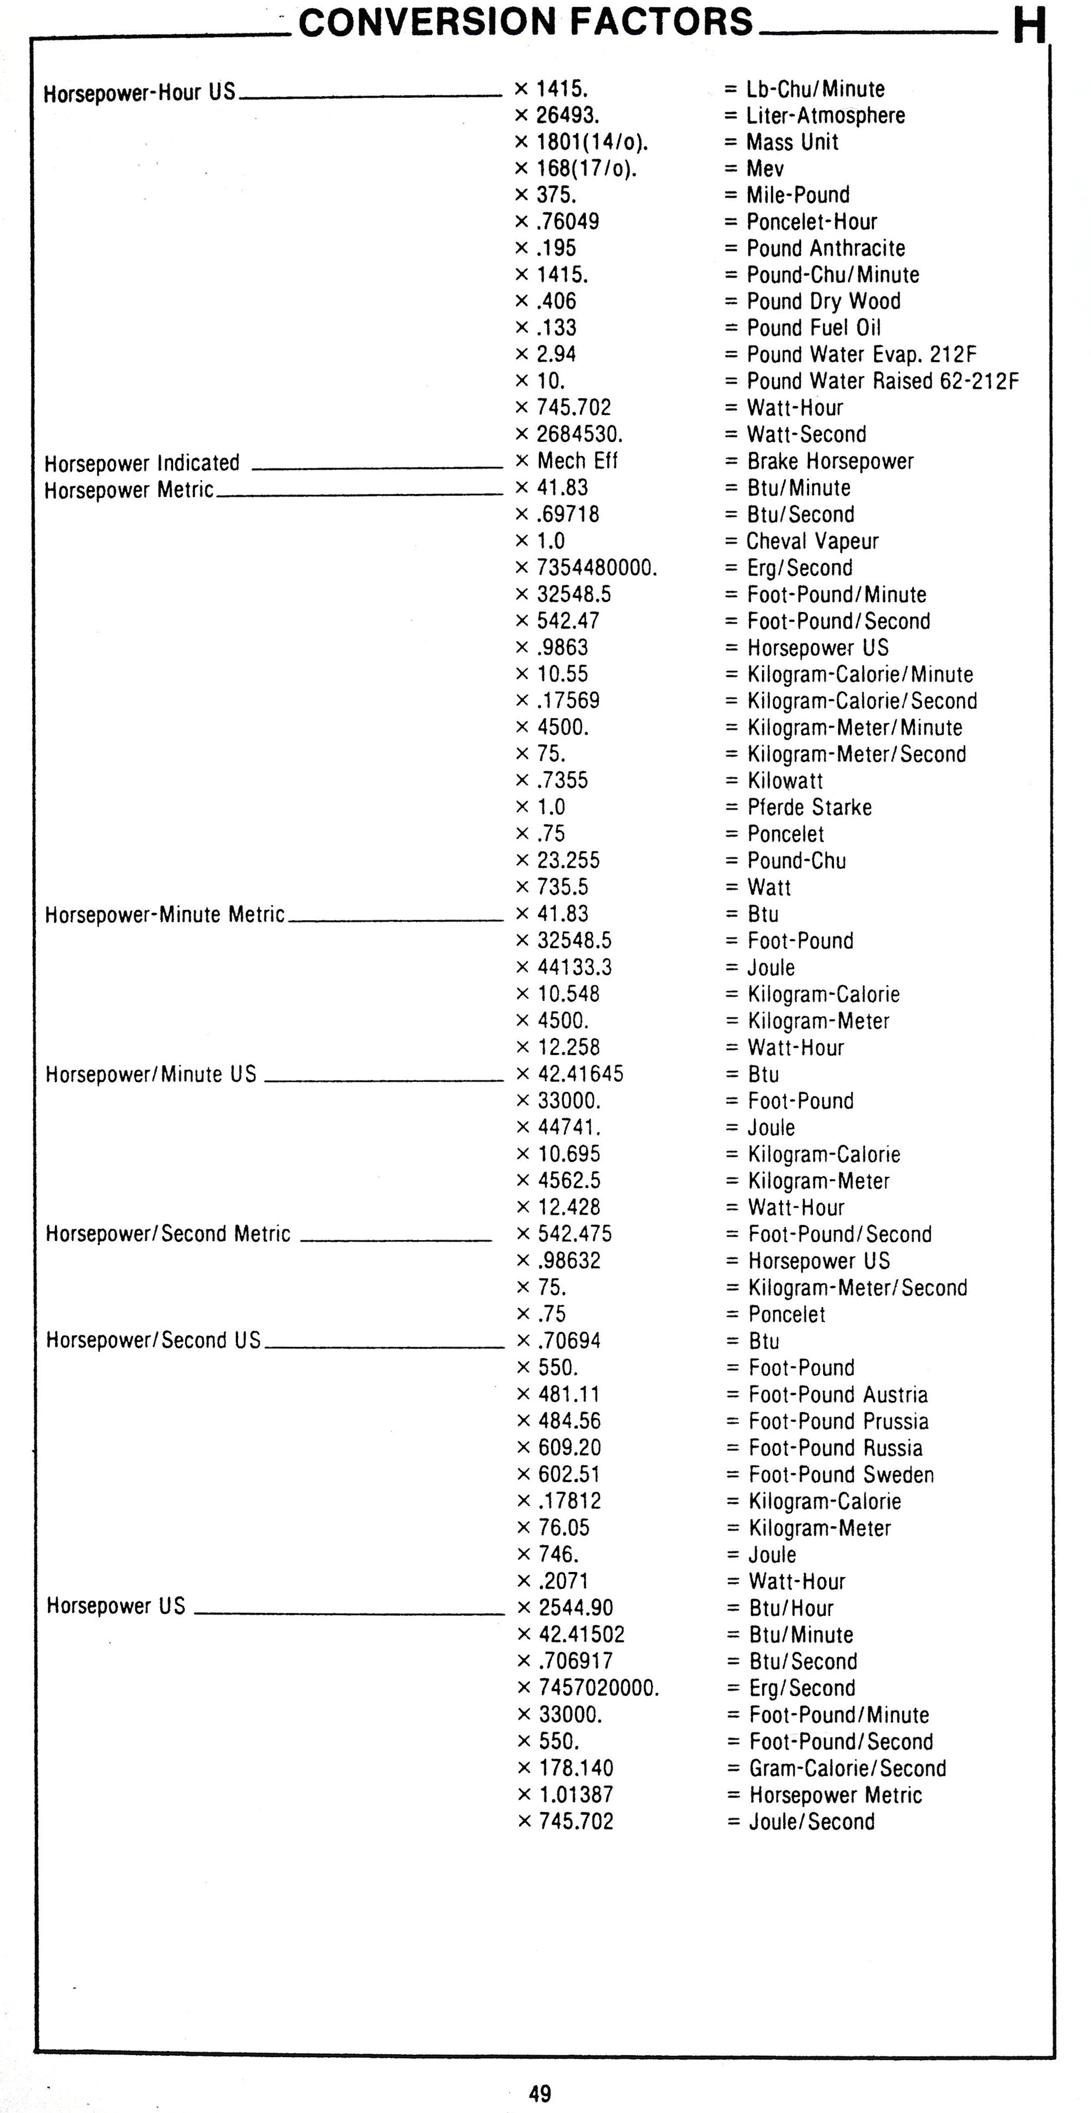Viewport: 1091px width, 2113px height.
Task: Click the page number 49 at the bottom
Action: (x=540, y=2093)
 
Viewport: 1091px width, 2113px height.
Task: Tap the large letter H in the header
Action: (x=1030, y=26)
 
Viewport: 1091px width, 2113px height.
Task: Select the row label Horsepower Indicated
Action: (x=142, y=463)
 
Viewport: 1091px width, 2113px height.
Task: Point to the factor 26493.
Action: (x=568, y=115)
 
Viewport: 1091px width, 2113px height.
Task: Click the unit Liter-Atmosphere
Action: (x=825, y=115)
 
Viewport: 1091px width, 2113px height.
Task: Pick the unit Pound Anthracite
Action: (x=825, y=249)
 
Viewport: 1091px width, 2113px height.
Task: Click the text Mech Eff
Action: (x=577, y=461)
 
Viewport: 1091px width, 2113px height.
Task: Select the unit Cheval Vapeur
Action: (x=812, y=541)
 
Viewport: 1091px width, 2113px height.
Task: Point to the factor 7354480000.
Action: (x=597, y=568)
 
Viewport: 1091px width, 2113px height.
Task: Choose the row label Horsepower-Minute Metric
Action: (x=165, y=915)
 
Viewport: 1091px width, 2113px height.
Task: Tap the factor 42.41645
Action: (x=580, y=1074)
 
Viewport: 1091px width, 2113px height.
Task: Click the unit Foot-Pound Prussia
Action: (x=838, y=1421)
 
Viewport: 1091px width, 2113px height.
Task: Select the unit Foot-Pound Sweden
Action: (x=841, y=1475)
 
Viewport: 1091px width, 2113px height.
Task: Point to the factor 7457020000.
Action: (x=599, y=1688)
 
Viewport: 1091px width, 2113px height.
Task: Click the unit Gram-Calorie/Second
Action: (x=847, y=1768)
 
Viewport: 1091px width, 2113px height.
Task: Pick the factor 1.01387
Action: (x=576, y=1795)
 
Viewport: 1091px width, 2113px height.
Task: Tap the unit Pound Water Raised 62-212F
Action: (x=883, y=382)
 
